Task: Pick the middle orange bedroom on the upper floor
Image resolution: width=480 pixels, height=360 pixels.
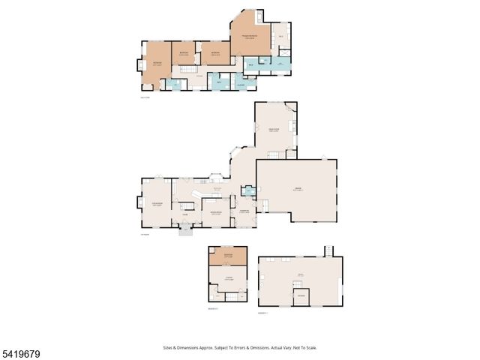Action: coord(184,53)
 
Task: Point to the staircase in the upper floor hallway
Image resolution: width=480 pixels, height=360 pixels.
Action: coord(185,70)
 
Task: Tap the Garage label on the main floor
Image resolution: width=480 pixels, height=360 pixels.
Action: coord(297,189)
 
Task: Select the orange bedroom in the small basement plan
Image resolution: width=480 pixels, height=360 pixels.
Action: coord(228,257)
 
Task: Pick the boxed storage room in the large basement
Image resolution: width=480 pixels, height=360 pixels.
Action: coord(301,297)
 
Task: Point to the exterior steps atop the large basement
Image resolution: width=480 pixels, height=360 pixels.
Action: coord(328,250)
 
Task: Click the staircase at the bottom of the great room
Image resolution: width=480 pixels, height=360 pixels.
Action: coord(275,154)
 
